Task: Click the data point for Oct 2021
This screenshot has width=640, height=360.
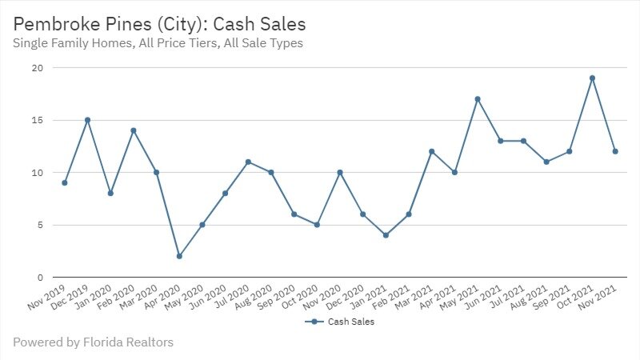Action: tap(592, 78)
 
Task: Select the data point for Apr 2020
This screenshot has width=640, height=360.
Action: tap(179, 256)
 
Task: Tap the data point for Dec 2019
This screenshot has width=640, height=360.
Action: tap(87, 120)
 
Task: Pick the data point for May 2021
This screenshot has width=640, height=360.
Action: tap(478, 99)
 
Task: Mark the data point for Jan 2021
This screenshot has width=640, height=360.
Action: tap(386, 235)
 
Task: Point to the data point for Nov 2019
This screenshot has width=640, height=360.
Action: tap(65, 182)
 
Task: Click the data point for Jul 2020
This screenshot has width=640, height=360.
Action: tap(248, 162)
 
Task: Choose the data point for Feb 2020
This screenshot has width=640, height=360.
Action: tap(134, 130)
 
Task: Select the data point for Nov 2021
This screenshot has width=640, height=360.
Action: tap(615, 151)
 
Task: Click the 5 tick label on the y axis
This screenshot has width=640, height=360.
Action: tap(38, 225)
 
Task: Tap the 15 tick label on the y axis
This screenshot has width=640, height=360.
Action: tap(36, 120)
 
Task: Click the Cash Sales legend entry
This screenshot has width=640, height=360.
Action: tap(340, 322)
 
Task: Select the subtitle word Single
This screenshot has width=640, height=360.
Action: tap(31, 43)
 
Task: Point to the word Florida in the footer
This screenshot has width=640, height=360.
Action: tap(102, 342)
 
